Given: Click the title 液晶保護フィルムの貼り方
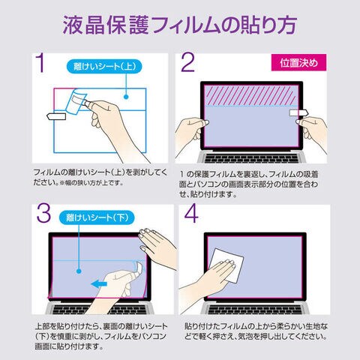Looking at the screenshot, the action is [180, 25].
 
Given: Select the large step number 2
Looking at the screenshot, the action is [187, 62].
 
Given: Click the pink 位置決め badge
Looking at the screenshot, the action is [298, 62].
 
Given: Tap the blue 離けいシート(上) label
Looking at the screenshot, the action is [104, 67].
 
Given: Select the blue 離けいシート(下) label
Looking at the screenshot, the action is [97, 217].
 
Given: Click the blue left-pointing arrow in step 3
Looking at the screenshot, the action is [99, 284].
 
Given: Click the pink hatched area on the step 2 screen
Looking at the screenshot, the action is [251, 95].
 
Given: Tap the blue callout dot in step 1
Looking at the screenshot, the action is [126, 97].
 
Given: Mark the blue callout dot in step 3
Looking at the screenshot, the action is [79, 271].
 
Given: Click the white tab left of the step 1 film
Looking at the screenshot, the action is [56, 116].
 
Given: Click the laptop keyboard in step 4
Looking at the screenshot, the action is [255, 310].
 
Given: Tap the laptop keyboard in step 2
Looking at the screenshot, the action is [251, 158].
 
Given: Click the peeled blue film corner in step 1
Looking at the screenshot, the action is [76, 102].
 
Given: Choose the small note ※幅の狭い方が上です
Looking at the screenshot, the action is [91, 183].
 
